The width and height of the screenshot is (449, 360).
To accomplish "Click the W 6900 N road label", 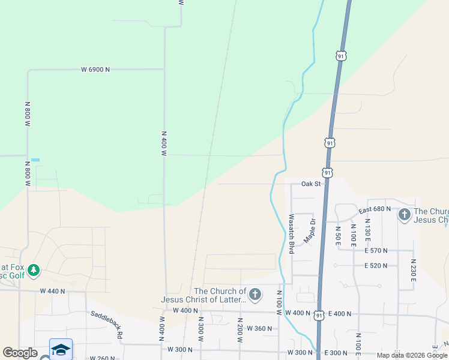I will point(95,70).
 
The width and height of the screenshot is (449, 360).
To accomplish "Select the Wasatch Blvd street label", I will point(292,234).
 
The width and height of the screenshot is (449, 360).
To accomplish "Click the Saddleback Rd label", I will point(107,324).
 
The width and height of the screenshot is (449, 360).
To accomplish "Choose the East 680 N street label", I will point(375,209).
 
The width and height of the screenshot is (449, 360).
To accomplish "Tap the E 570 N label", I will point(375,250).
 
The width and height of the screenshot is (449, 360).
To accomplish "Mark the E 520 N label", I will point(375,265).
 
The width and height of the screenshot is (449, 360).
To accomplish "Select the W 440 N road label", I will point(52,291).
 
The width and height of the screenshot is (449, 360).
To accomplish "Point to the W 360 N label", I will point(259,328).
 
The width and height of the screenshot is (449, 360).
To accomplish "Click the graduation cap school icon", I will point(61,349).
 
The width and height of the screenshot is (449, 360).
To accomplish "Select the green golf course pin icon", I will point(34,271).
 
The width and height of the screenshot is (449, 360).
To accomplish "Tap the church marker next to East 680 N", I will point(405,214).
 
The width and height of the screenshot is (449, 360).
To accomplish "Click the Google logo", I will point(20,353).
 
